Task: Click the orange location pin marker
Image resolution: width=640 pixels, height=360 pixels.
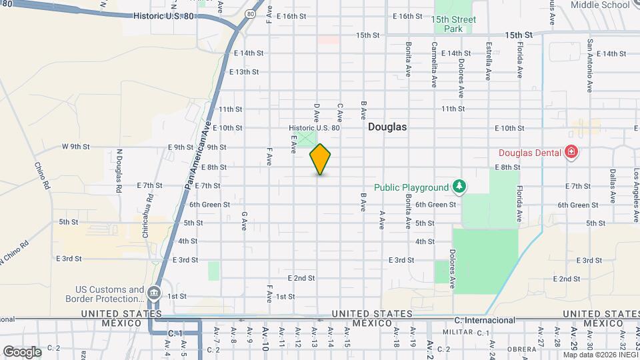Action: coord(320,159)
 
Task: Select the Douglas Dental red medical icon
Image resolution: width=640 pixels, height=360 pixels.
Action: coord(570,153)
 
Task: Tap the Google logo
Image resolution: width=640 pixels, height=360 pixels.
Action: coord(21,351)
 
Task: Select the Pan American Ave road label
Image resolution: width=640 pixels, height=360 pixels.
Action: coord(198,153)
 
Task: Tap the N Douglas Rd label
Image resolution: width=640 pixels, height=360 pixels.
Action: coord(119,171)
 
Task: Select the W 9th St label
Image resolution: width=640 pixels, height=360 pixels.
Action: coord(76,146)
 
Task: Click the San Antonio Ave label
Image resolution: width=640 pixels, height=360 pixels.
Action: coord(590,65)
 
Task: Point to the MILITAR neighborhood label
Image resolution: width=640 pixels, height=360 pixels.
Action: coord(456,332)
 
